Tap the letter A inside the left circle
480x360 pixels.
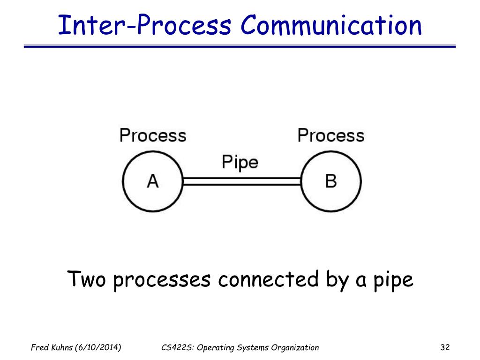pos(153,181)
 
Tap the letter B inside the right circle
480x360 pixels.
pos(331,181)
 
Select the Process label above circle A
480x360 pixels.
pos(153,135)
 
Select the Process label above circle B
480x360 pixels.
pos(331,135)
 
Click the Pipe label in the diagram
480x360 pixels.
pos(240,163)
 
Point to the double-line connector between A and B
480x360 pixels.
pos(241,181)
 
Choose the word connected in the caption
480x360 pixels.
pos(268,280)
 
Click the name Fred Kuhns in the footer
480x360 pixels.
pos(51,347)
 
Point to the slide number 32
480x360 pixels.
pos(445,347)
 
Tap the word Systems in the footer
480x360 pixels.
pos(252,347)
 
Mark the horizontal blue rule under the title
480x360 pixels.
pos(240,46)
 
